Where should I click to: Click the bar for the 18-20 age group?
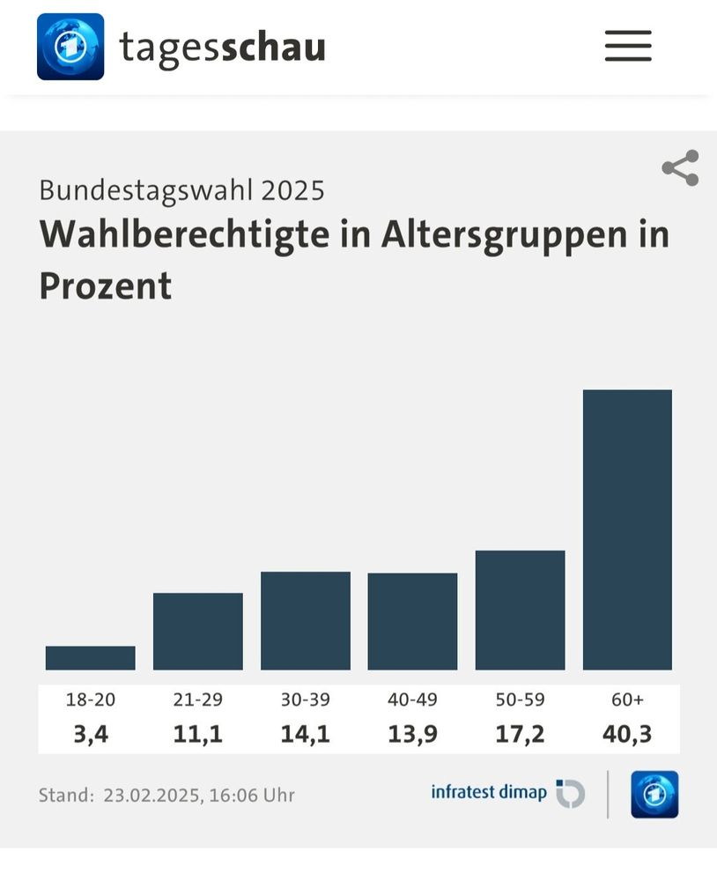91,658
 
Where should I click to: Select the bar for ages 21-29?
198,632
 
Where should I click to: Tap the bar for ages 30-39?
306,621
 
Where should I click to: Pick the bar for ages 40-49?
412,622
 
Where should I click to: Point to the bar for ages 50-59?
520,611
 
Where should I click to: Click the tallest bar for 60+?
627,529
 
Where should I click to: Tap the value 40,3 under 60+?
627,734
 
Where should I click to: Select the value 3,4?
91,734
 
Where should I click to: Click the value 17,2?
520,734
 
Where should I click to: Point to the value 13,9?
412,734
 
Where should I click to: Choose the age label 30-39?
306,700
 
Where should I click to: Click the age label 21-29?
198,700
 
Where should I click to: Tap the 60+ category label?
627,700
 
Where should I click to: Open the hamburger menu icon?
628,46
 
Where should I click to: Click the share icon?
680,168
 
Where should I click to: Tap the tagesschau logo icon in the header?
70,47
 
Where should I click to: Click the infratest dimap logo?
507,793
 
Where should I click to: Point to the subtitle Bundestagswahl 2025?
182,189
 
